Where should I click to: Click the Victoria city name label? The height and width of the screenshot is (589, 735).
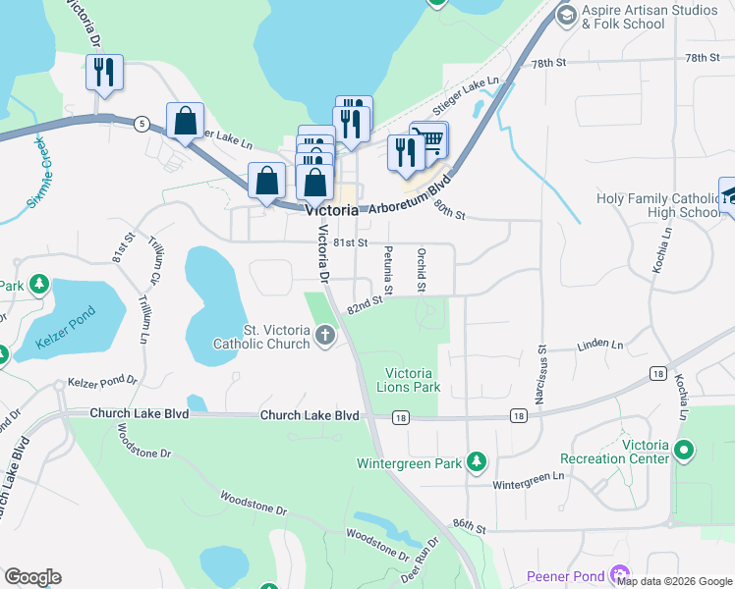tap(331, 210)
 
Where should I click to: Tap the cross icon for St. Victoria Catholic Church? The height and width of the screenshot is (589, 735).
tap(325, 337)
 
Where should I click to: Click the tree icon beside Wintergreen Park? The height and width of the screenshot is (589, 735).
tap(477, 461)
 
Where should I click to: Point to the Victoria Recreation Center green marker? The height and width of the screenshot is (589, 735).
tap(683, 452)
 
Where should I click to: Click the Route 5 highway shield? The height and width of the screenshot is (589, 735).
tap(143, 124)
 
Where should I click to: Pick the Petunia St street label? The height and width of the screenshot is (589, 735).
tap(388, 271)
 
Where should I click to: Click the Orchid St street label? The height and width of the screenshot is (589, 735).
tap(421, 269)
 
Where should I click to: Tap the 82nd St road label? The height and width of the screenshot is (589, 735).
tap(364, 307)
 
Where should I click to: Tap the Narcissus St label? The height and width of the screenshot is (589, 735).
tap(541, 373)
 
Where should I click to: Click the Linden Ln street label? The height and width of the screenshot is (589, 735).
tap(600, 345)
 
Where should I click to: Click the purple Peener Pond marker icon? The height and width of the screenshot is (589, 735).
tap(619, 575)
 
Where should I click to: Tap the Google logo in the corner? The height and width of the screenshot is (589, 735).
tap(32, 577)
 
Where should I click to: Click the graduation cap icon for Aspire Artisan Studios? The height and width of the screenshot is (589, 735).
tap(566, 16)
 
